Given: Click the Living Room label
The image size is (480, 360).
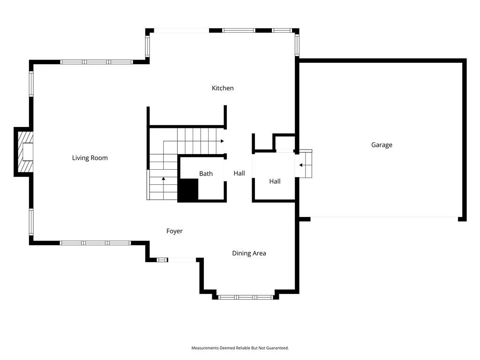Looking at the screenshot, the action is point(90,158).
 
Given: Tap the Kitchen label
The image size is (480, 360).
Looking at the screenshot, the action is point(223,88).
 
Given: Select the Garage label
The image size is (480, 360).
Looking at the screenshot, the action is point(382,145).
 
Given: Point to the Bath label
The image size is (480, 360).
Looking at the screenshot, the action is point(206,173).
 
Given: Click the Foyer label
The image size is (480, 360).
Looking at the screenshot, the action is point(174,231).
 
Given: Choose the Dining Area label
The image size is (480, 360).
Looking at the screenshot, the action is point(249,253).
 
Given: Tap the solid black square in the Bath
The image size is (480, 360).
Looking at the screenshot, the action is point(188,190).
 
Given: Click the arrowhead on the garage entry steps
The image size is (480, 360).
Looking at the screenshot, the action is point(301,165).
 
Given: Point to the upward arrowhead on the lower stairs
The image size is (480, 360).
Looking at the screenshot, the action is point(164,179).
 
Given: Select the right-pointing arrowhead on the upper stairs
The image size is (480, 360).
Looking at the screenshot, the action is point(222,141).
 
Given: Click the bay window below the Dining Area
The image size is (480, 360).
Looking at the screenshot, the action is point(246,297).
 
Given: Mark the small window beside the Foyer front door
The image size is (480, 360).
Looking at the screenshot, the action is point(162,260).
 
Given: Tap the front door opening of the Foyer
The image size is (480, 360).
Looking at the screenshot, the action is point(182,260).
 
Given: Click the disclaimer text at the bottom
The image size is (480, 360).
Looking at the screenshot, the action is point(240,348).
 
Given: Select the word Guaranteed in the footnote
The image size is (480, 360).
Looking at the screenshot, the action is point(277,348).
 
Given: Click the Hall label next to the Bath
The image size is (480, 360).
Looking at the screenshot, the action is point(239,173).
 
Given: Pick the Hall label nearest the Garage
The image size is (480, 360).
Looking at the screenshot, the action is point(275,181).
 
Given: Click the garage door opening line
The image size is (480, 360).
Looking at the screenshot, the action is point(384,217).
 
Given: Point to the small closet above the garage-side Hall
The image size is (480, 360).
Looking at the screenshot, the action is point(285,142).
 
